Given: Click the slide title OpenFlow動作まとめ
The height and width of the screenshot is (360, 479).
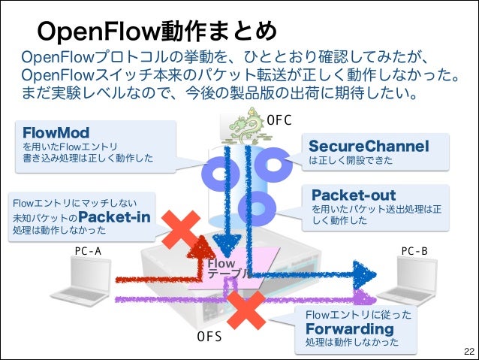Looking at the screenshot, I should pyautogui.click(x=158, y=31).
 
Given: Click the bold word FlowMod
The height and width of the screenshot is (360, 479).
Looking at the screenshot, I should pyautogui.click(x=57, y=132).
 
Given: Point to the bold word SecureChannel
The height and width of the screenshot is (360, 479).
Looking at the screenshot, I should pyautogui.click(x=369, y=145).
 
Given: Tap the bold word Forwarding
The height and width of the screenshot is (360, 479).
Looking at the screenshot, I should pyautogui.click(x=349, y=329).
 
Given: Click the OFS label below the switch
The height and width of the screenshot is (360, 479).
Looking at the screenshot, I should pyautogui.click(x=209, y=337).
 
